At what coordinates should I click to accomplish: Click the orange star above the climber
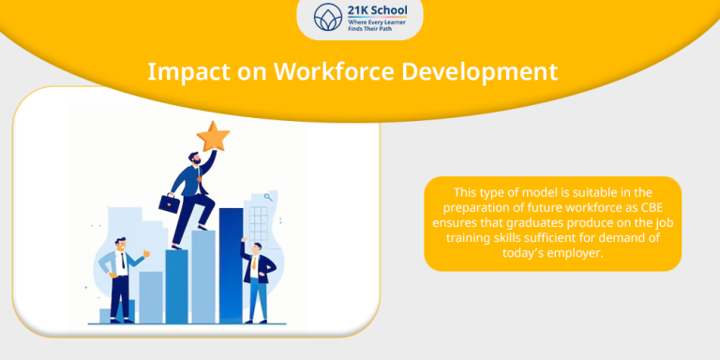pyautogui.click(x=213, y=137)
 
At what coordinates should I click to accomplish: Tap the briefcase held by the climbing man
pyautogui.click(x=169, y=202)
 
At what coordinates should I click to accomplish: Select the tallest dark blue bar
pyautogui.click(x=231, y=264)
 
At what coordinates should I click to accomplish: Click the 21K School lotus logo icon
pyautogui.click(x=327, y=18)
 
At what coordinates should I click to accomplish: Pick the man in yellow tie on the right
pyautogui.click(x=255, y=281)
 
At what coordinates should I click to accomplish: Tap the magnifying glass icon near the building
pyautogui.click(x=269, y=197)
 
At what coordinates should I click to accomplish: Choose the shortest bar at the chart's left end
pyautogui.click(x=104, y=316)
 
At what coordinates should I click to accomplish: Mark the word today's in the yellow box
pyautogui.click(x=529, y=253)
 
